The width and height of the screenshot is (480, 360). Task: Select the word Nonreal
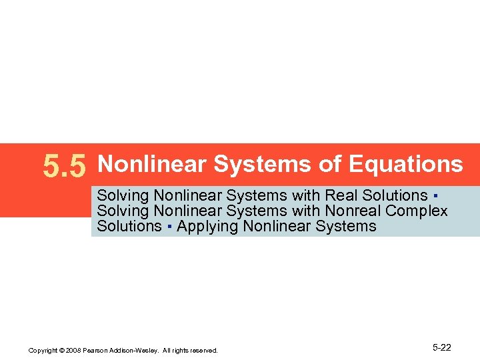(353, 211)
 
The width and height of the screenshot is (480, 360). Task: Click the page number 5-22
(442, 347)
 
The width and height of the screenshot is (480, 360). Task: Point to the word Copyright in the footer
(41, 350)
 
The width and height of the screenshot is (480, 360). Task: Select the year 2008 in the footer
(70, 350)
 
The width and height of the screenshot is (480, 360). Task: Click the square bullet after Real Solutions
(434, 196)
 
